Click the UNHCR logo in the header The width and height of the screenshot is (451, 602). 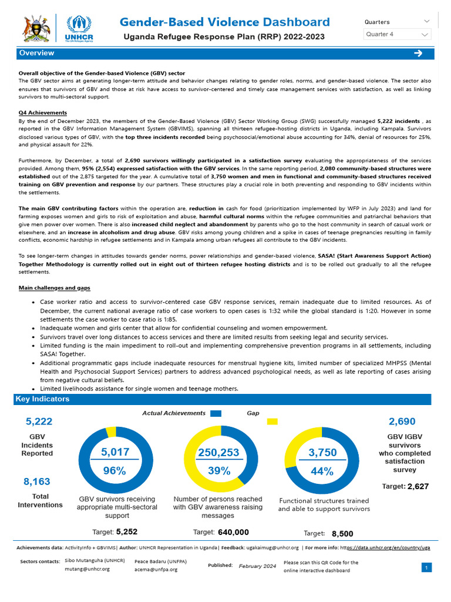click(80, 27)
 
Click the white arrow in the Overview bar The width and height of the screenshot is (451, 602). click(418, 53)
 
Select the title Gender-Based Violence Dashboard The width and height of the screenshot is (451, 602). click(224, 22)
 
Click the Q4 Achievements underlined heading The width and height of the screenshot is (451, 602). click(43, 113)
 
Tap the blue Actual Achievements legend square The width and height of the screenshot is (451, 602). click(216, 413)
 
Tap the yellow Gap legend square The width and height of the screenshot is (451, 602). click(272, 422)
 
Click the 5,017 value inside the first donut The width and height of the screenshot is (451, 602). click(115, 452)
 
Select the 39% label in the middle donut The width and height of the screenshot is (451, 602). click(218, 471)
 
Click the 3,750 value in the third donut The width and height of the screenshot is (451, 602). click(322, 452)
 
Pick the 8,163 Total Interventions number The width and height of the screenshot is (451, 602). click(37, 481)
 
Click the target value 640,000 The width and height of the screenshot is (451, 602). click(233, 532)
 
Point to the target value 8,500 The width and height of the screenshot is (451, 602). click(342, 534)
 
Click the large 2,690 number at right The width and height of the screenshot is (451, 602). click(402, 422)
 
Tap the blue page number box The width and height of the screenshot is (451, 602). click(427, 567)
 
